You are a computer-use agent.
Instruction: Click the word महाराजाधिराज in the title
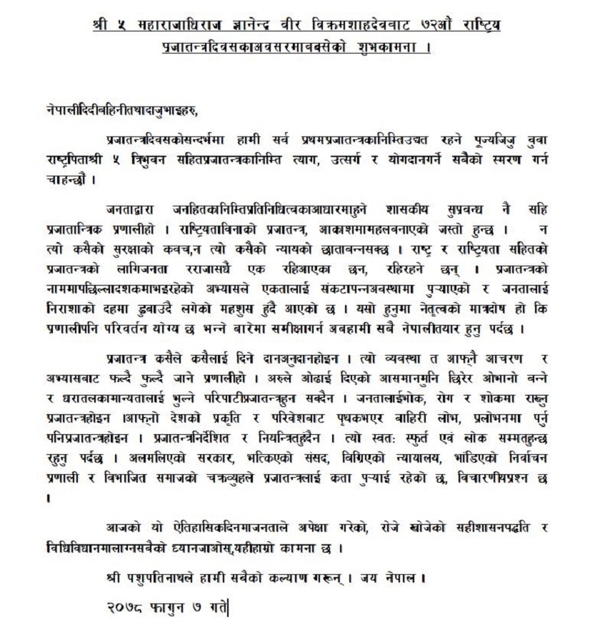(x=165, y=26)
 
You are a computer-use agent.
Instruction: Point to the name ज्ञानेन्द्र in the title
(x=240, y=26)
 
